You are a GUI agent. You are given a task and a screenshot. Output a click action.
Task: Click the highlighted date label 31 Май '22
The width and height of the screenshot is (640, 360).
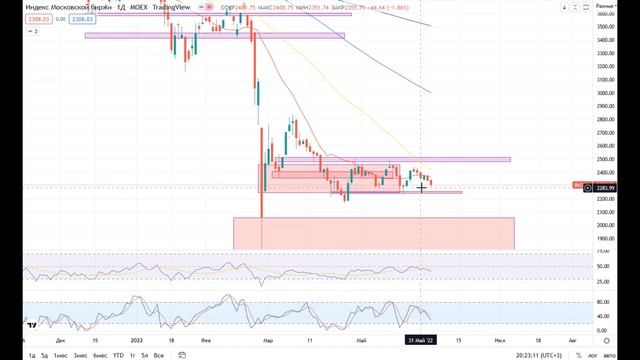click(x=419, y=340)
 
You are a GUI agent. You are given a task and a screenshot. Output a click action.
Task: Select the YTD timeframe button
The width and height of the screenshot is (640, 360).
click(x=118, y=354)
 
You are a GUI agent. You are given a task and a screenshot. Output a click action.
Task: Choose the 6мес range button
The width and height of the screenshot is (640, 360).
click(x=99, y=354)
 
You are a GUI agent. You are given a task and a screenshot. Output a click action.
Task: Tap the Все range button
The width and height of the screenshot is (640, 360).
click(x=159, y=354)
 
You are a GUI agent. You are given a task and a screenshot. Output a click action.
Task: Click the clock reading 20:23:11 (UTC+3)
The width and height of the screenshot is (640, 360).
click(x=535, y=354)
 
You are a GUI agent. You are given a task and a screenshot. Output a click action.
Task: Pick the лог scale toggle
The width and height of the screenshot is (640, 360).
click(x=594, y=354)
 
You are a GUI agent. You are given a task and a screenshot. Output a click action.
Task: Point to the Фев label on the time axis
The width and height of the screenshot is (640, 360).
click(x=206, y=340)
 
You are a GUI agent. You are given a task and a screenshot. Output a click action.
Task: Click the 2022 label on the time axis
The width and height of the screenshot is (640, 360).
click(x=136, y=340)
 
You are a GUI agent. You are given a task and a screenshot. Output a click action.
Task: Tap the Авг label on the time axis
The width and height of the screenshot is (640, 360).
click(x=572, y=340)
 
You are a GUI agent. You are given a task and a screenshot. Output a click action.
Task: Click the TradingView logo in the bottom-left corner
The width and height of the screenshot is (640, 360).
click(x=32, y=324)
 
